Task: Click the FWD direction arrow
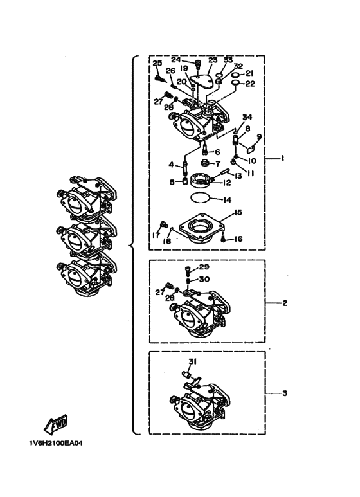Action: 56,424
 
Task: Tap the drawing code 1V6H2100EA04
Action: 56,444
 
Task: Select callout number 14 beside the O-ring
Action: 227,200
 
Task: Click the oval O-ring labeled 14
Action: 200,198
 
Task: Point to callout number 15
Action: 238,212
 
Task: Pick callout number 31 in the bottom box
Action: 193,361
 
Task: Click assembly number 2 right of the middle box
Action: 285,303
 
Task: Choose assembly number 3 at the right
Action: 285,393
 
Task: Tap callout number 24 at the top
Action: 176,60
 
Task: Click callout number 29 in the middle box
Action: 204,267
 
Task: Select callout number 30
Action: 204,279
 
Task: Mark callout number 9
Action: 259,136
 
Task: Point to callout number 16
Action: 238,239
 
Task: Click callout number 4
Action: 172,165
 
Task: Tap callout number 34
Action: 248,117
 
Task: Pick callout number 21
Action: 249,73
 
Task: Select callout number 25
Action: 157,63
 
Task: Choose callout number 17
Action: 156,236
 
